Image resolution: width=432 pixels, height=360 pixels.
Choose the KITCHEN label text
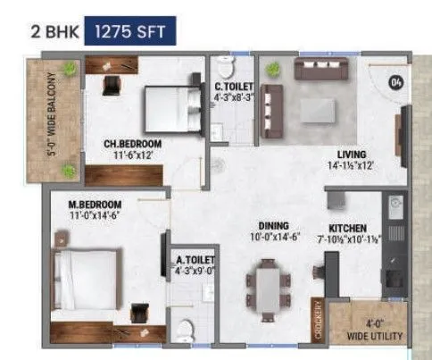click(x=348, y=227)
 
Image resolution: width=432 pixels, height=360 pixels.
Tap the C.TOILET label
click(x=234, y=87)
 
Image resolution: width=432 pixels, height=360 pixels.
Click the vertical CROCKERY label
click(x=317, y=321)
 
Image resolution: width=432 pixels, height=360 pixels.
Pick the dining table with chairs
click(x=268, y=283)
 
